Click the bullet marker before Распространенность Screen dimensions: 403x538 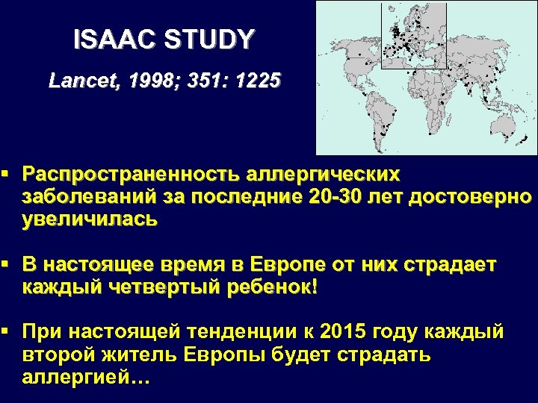(7, 175)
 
